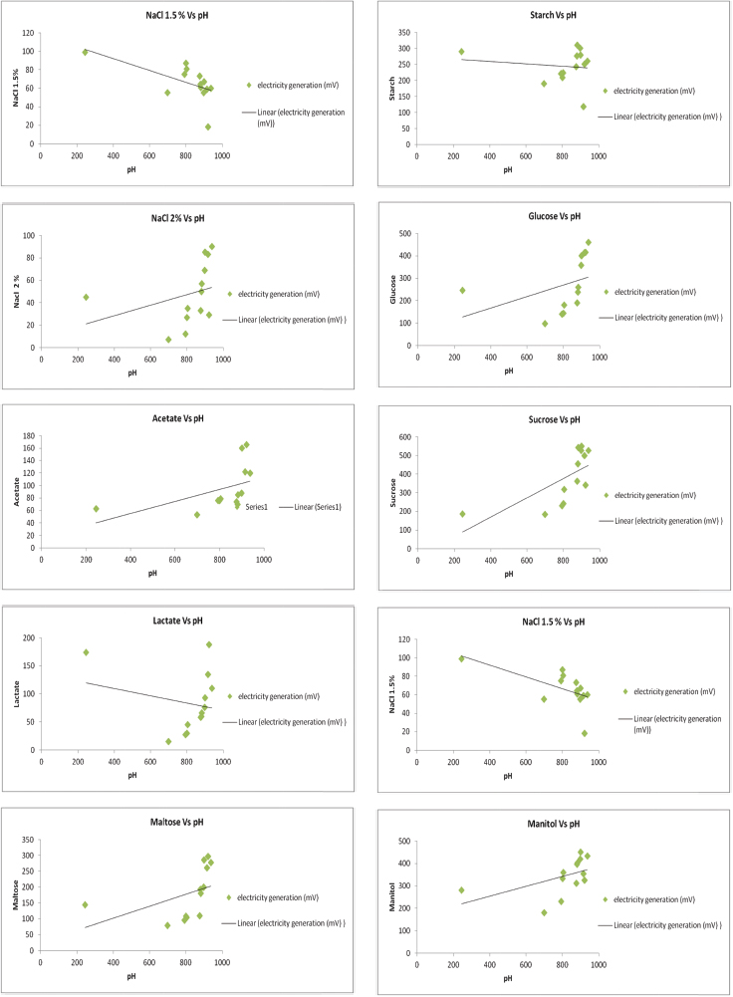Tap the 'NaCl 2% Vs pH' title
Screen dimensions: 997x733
(164, 214)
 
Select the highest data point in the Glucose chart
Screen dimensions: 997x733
(588, 242)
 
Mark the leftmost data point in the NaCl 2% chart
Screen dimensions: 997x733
(86, 297)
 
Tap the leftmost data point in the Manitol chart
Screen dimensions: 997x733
(461, 890)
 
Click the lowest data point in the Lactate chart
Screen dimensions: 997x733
(168, 741)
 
